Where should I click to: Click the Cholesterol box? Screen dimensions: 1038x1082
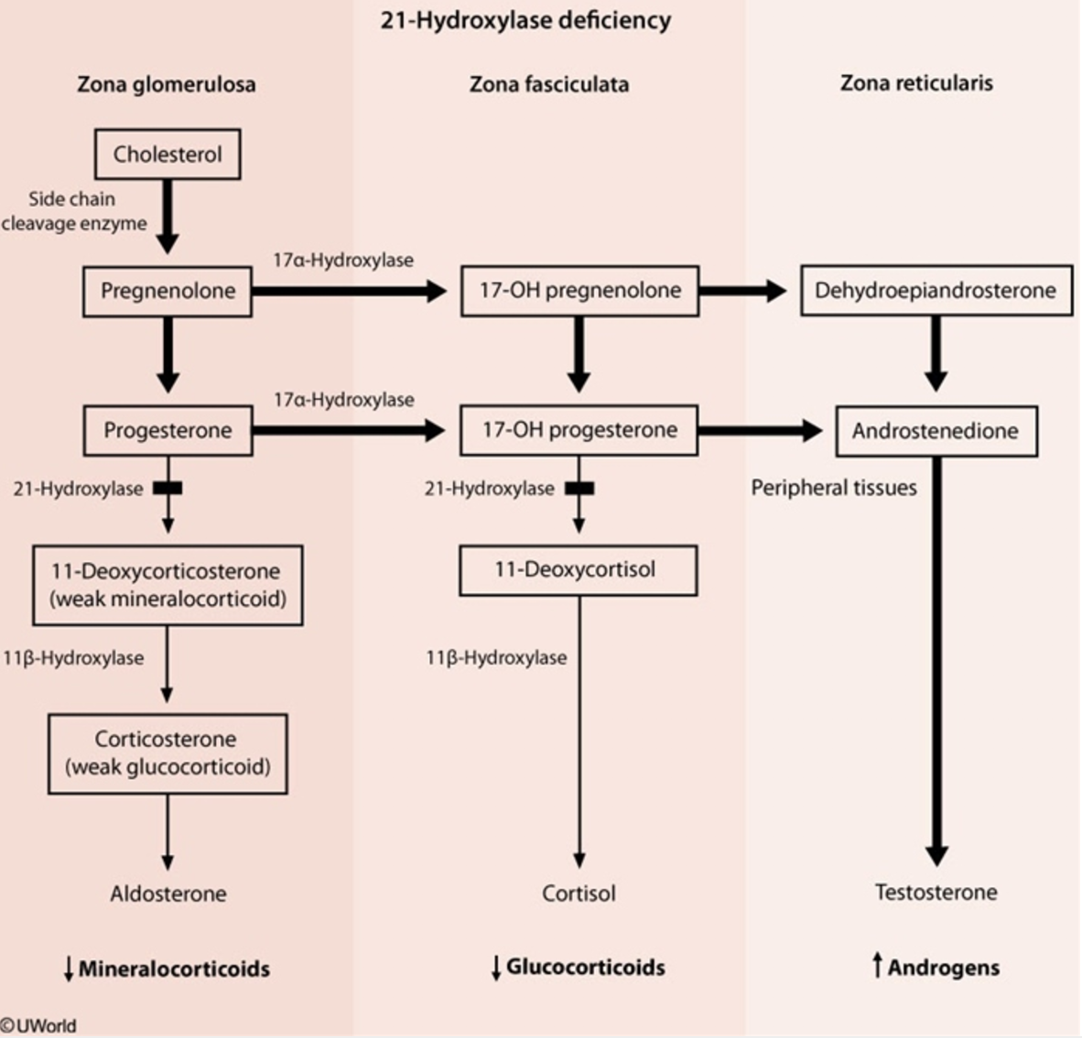click(x=168, y=154)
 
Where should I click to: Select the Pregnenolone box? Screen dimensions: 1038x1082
click(x=168, y=291)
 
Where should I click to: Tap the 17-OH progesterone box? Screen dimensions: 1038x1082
click(x=579, y=430)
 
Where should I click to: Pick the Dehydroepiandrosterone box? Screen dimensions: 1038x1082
click(x=936, y=291)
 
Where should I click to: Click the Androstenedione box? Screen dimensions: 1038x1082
click(x=936, y=431)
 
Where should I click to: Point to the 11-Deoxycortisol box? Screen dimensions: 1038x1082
click(x=577, y=569)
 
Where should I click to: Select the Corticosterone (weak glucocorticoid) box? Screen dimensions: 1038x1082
click(x=168, y=753)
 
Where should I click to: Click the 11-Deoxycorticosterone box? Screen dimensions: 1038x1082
click(x=168, y=585)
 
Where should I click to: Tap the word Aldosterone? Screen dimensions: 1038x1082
click(x=168, y=893)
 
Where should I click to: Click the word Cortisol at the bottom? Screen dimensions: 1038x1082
click(x=579, y=893)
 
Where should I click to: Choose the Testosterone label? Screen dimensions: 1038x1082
click(x=936, y=892)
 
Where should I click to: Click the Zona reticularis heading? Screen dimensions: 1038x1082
click(x=916, y=83)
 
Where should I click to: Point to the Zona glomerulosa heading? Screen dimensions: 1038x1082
click(x=167, y=85)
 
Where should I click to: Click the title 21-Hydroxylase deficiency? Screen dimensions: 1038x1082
click(x=525, y=20)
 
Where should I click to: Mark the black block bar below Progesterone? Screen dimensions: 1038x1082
click(x=168, y=489)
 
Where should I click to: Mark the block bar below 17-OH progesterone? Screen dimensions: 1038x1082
click(x=579, y=489)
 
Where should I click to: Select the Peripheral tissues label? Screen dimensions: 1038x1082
click(x=834, y=488)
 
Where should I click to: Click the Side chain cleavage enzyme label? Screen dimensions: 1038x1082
click(x=73, y=211)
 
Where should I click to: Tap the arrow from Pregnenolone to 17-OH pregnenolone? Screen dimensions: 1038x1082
click(x=348, y=291)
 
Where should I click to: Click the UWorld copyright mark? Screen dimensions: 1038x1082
click(x=38, y=1026)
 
